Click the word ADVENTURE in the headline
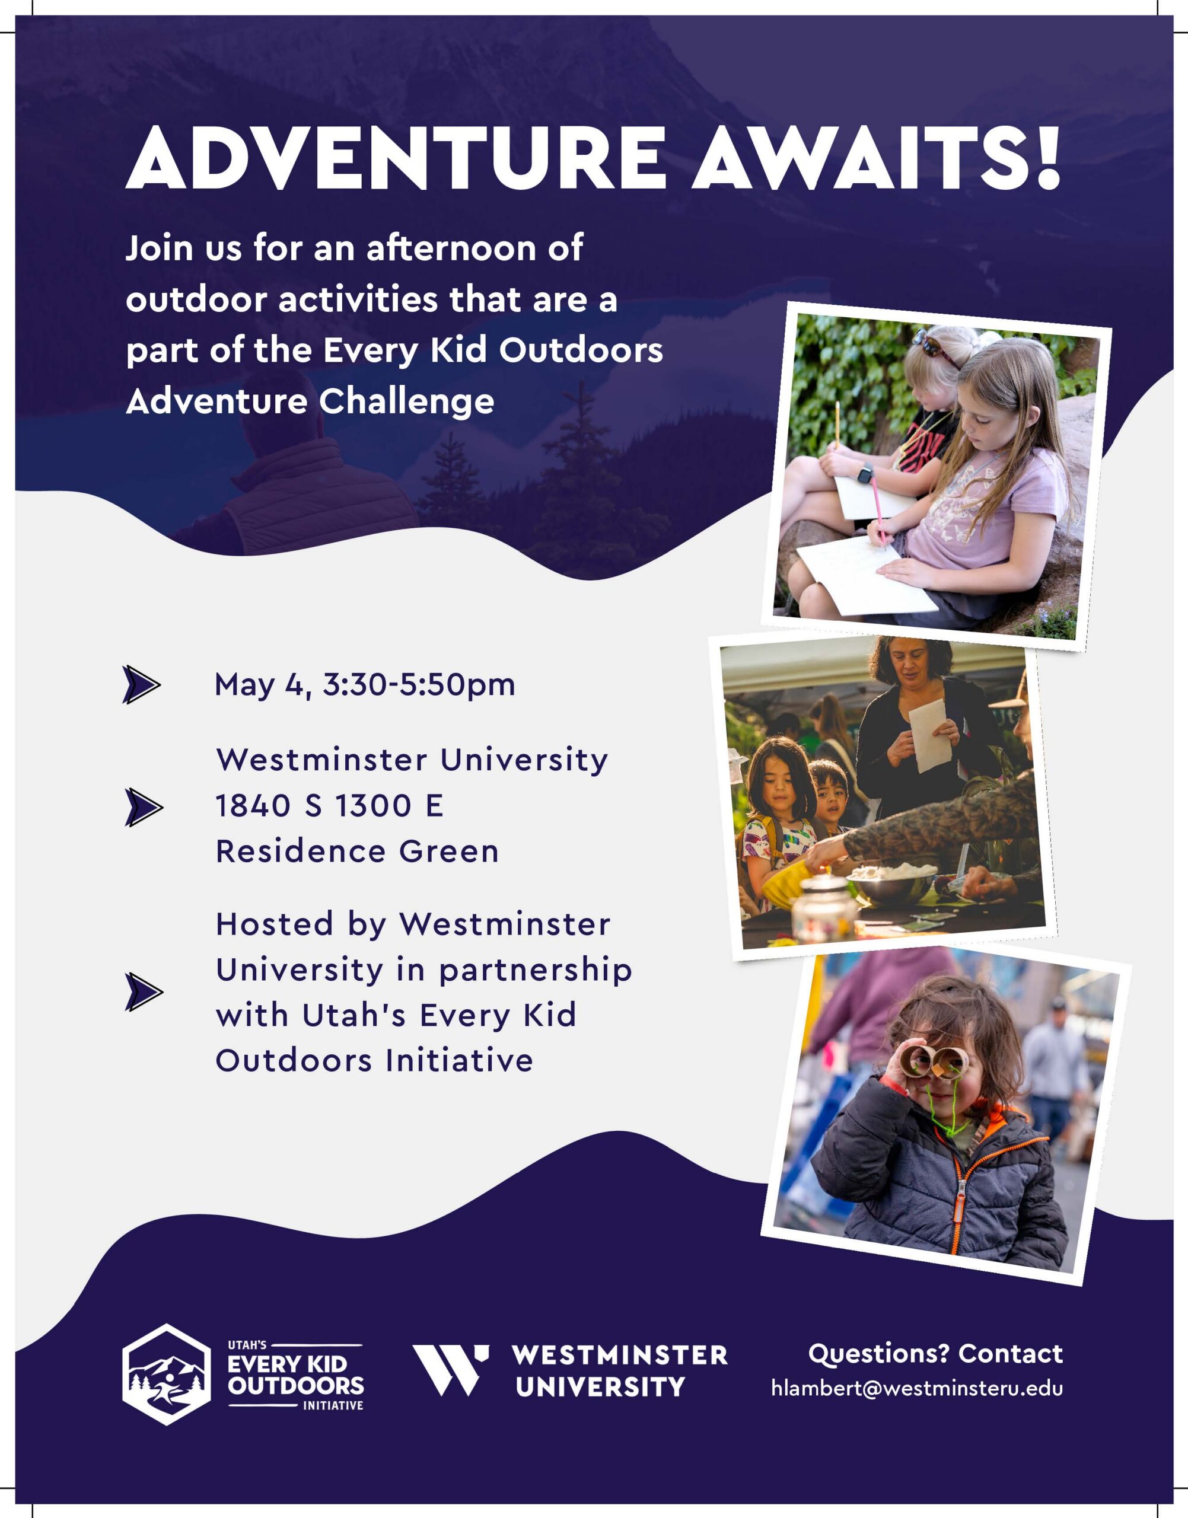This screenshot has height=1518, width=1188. (395, 158)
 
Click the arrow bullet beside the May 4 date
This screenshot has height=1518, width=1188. (141, 685)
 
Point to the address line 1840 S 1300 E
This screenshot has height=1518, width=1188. (329, 806)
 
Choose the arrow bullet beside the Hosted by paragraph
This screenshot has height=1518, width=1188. (144, 991)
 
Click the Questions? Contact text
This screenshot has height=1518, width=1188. (935, 1354)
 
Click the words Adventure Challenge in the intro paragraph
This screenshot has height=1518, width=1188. (310, 402)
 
